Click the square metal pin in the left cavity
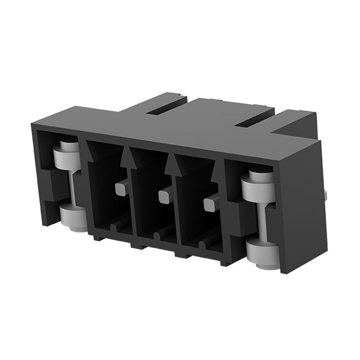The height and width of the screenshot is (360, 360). point(121,187)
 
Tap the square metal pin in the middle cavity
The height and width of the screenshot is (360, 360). point(164,196)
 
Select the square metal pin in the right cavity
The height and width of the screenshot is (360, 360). point(209,201)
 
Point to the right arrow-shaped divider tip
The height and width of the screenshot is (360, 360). point(173,167)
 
